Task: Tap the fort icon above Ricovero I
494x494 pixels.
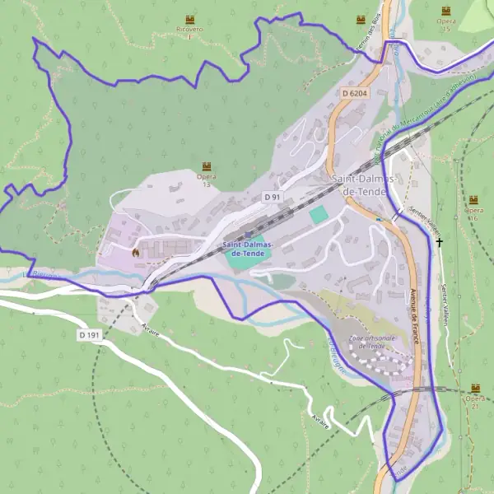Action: (x=191, y=18)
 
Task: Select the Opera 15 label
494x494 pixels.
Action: (x=446, y=25)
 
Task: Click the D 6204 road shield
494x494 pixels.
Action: (x=354, y=94)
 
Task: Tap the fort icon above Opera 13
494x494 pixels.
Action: (x=206, y=166)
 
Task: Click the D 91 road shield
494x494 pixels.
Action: (x=273, y=197)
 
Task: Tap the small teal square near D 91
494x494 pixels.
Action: (x=319, y=214)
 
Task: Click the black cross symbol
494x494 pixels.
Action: (x=440, y=242)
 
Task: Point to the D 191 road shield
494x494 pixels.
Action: (x=89, y=335)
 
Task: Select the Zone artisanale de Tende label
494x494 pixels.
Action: (x=373, y=342)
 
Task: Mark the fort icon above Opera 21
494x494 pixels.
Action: (x=474, y=387)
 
